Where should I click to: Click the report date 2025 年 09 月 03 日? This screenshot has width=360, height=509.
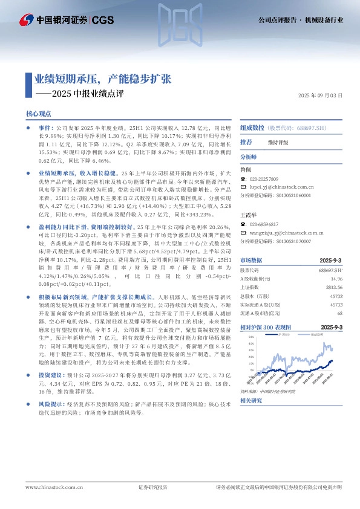pyautogui.click(x=321, y=96)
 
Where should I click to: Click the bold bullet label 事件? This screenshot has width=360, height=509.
pyautogui.click(x=45, y=129)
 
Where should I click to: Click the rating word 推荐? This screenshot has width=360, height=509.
pyautogui.click(x=246, y=142)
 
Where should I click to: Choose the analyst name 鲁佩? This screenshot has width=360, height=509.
pyautogui.click(x=246, y=169)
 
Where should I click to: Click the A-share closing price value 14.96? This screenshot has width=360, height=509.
pyautogui.click(x=336, y=279)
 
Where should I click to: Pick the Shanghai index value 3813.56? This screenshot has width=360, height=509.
pyautogui.click(x=335, y=288)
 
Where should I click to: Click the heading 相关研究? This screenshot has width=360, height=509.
pyautogui.click(x=251, y=401)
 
